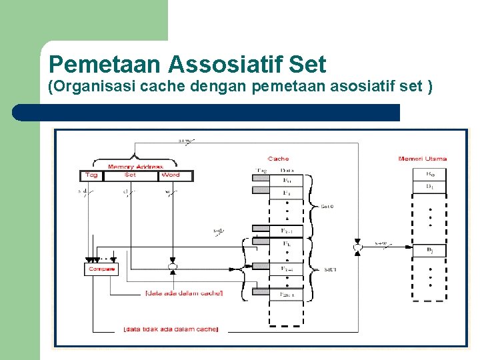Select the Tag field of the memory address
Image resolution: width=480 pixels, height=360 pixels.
point(91,175)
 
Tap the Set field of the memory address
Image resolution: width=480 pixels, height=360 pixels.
point(130,175)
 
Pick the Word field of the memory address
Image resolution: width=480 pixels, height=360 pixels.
point(171,175)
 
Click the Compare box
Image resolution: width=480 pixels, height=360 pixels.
point(101,269)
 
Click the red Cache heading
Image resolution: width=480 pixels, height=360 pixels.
point(278,159)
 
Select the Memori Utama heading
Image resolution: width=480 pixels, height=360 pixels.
point(422,159)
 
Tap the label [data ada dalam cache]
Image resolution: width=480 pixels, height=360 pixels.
point(184,293)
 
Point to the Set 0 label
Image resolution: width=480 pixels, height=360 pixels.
point(327,207)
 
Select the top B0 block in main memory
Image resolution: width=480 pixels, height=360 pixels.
point(430,174)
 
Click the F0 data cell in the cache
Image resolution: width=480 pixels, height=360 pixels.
point(287,179)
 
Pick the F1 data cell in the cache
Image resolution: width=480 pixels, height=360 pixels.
point(287,193)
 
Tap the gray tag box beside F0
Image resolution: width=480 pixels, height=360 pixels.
point(260,179)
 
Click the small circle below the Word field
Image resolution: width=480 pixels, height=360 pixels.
point(172,267)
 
